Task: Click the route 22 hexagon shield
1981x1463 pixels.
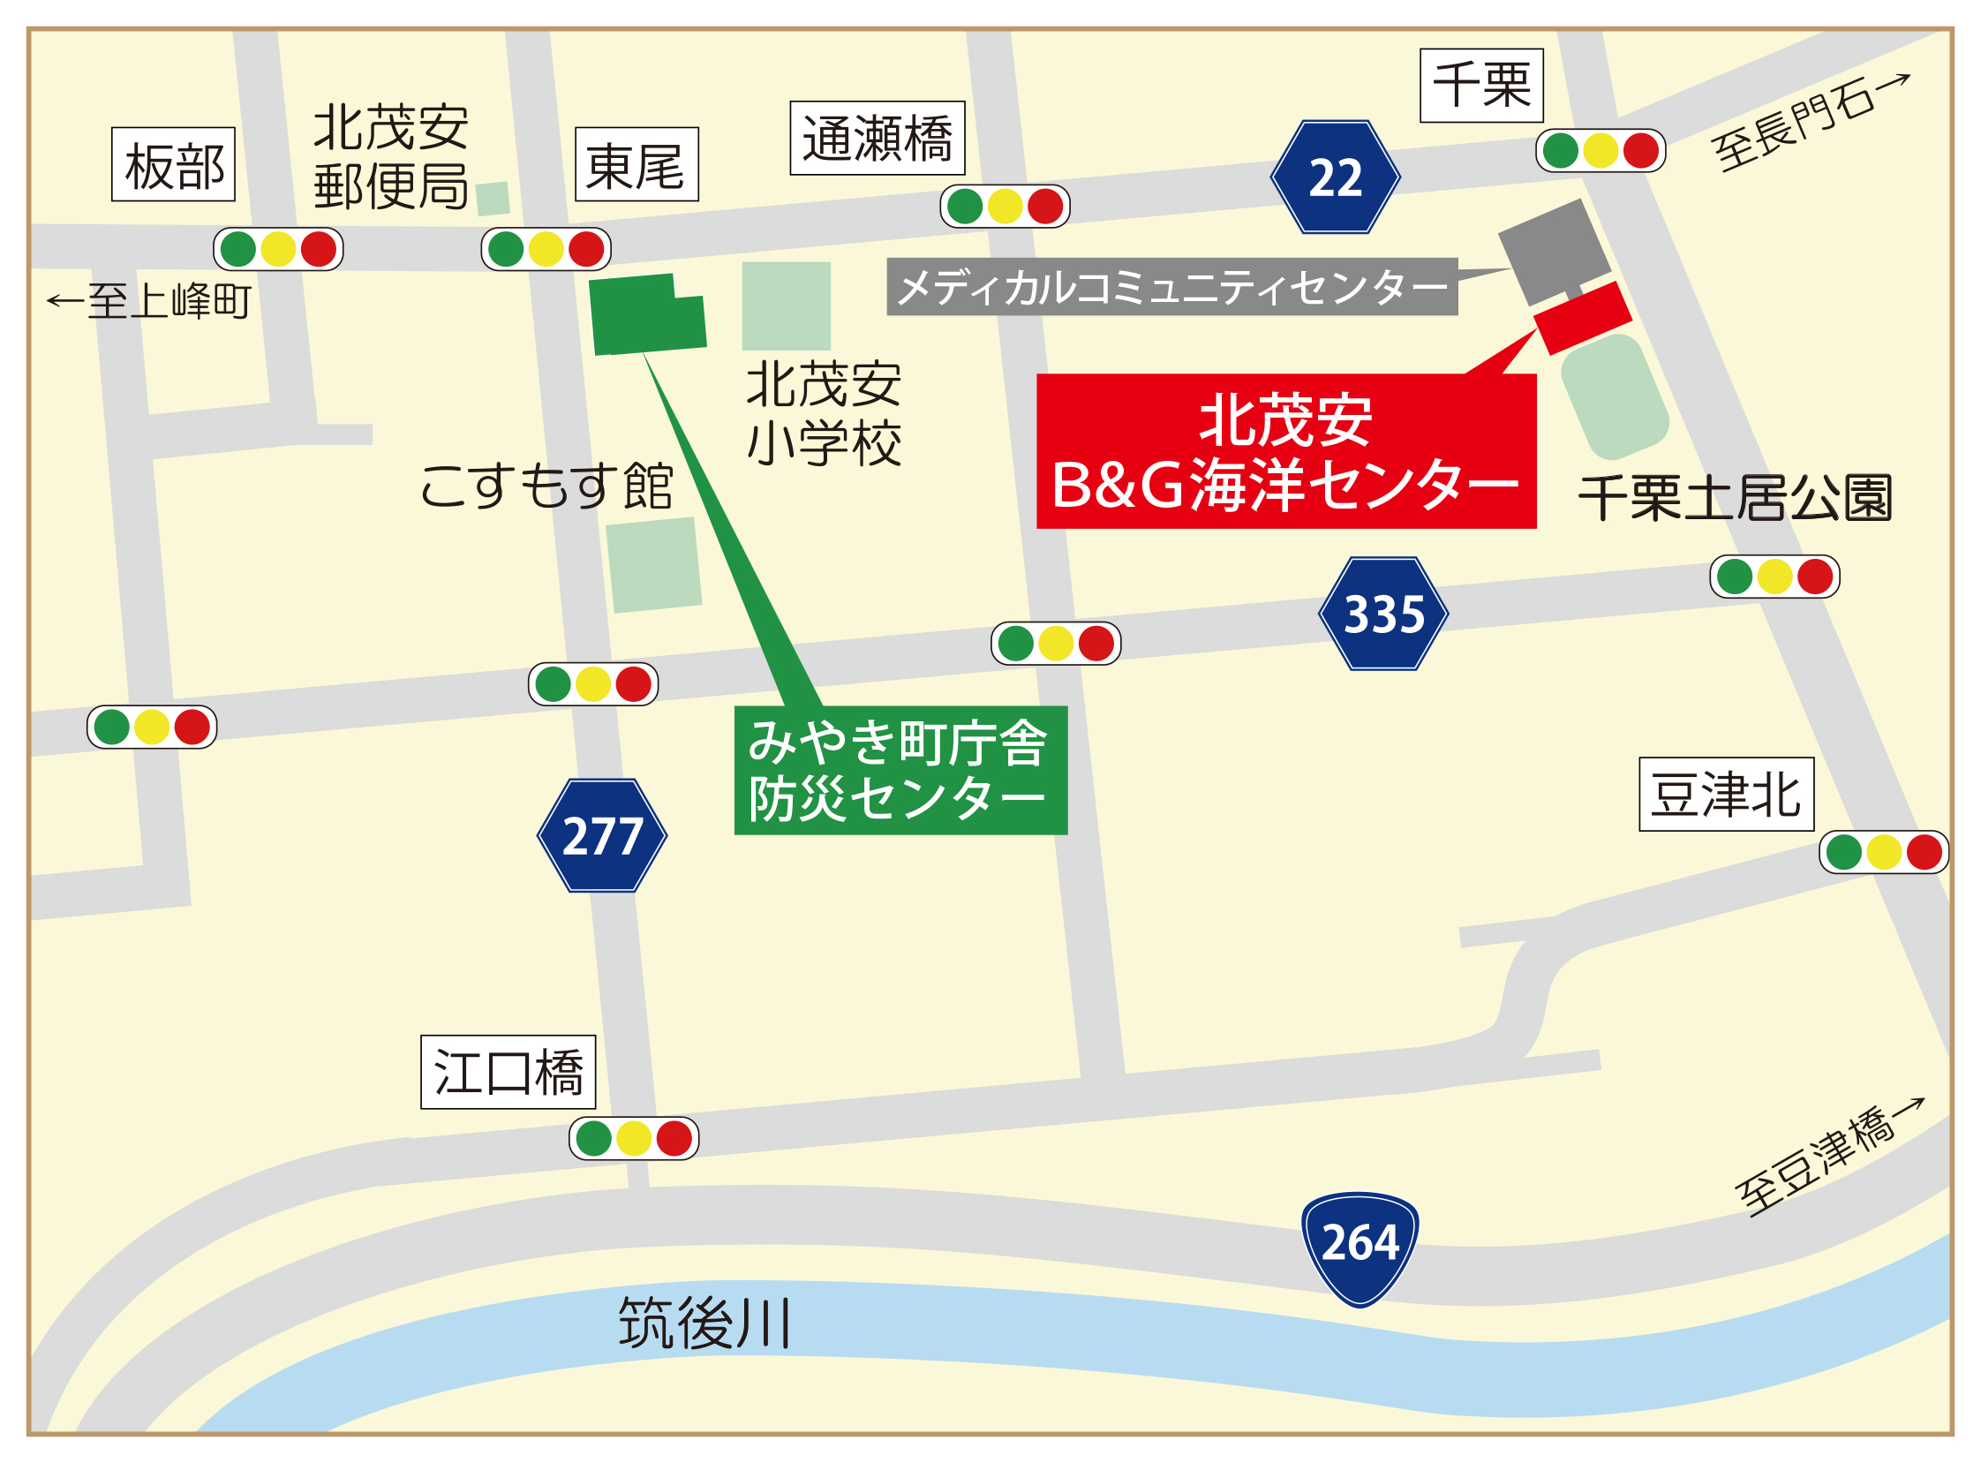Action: point(1336,177)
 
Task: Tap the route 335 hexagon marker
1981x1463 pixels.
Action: point(1383,614)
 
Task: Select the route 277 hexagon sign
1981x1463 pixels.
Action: point(602,835)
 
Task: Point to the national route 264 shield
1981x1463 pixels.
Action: point(1360,1247)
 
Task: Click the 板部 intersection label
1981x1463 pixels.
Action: point(174,165)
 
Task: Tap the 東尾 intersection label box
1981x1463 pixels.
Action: point(636,165)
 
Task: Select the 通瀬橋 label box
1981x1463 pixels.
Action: point(878,138)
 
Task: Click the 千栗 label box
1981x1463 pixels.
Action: point(1481,86)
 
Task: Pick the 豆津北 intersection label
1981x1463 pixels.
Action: point(1726,795)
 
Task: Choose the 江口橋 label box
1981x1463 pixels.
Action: point(508,1073)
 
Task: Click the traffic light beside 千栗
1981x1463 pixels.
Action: point(1601,151)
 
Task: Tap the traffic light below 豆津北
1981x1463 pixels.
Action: point(1884,853)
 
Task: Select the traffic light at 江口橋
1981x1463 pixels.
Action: point(634,1139)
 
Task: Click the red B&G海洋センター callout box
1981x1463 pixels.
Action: point(1286,452)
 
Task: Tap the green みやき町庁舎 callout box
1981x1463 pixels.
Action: point(900,771)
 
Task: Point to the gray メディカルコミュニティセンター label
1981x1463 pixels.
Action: point(1171,287)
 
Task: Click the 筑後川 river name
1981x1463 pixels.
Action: point(704,1324)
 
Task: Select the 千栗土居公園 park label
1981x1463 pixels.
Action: point(1735,498)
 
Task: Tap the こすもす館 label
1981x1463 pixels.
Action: point(546,486)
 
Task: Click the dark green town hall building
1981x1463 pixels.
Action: point(646,314)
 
